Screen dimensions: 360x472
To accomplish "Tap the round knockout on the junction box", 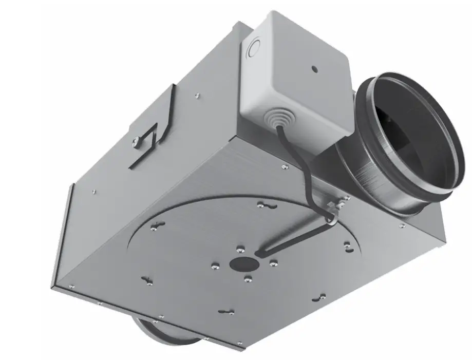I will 253,50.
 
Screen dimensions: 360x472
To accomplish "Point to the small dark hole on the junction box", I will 313,68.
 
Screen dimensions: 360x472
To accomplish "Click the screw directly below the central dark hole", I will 248,279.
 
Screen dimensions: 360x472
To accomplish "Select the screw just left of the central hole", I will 216,266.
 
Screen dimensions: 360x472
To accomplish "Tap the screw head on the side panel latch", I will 135,140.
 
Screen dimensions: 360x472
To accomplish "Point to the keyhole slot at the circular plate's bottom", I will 226,311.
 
